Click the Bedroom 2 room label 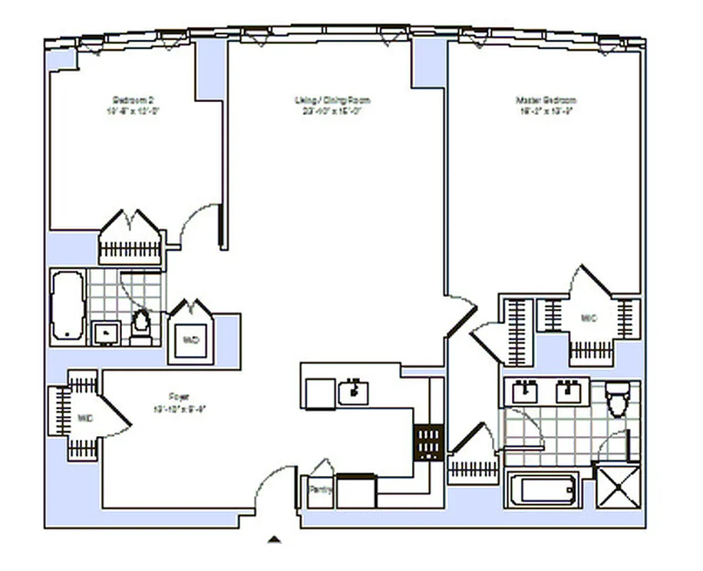pos(129,99)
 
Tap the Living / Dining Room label pos(332,100)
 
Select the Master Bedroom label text pos(545,101)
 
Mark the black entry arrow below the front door pos(274,540)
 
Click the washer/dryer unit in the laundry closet pos(190,340)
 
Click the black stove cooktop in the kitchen pos(429,443)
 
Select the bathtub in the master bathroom pos(548,490)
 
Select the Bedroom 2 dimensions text pos(129,111)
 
